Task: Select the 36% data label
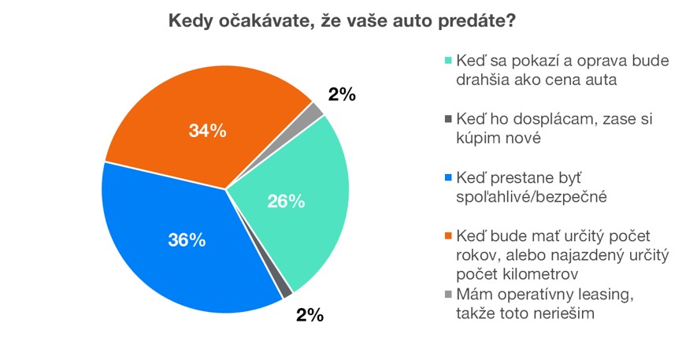(x=187, y=240)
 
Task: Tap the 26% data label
(x=286, y=201)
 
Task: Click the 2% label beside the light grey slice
(x=342, y=95)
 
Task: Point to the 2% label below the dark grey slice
(x=310, y=316)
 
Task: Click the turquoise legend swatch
(x=449, y=61)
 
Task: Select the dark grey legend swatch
(x=449, y=119)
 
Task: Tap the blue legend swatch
(x=449, y=177)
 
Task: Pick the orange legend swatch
(x=449, y=236)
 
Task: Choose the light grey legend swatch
(x=449, y=295)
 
